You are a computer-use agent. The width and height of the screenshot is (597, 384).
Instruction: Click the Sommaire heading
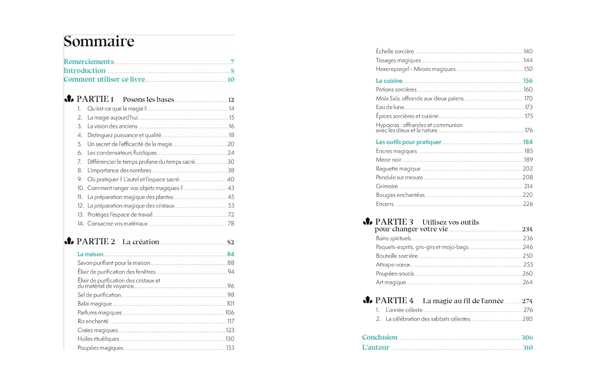[99, 41]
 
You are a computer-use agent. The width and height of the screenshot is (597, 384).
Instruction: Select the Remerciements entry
[89, 62]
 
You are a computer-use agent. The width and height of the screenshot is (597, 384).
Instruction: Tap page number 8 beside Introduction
[232, 71]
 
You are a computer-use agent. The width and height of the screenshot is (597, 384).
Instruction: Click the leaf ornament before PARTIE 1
[69, 99]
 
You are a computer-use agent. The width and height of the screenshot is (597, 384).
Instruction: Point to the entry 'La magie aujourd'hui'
[112, 118]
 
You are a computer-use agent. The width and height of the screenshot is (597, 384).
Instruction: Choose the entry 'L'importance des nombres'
[119, 170]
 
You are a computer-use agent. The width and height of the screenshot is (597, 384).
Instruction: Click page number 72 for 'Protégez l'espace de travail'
[231, 215]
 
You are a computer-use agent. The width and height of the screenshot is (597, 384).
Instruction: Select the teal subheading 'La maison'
[90, 254]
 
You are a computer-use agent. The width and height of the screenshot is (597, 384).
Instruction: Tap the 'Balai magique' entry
[95, 304]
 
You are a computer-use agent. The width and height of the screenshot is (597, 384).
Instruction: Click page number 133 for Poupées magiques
[230, 348]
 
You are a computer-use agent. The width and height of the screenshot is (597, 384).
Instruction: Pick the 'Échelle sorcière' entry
[395, 51]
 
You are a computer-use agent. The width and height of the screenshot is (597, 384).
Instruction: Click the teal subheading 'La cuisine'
[389, 81]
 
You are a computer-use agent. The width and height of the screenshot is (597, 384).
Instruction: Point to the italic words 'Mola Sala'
[388, 98]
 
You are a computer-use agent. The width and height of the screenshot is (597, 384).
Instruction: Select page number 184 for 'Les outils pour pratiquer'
[528, 142]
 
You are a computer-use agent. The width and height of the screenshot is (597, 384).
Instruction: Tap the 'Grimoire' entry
[387, 186]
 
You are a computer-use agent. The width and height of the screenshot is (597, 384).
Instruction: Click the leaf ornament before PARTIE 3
[368, 221]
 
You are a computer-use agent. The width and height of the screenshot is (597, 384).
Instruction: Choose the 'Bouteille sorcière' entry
[397, 256]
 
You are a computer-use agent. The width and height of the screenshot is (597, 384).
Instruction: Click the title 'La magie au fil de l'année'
[463, 301]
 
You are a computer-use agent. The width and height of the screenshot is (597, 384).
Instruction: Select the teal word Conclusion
[380, 337]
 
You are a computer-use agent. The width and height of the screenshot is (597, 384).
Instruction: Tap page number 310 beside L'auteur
[528, 347]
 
